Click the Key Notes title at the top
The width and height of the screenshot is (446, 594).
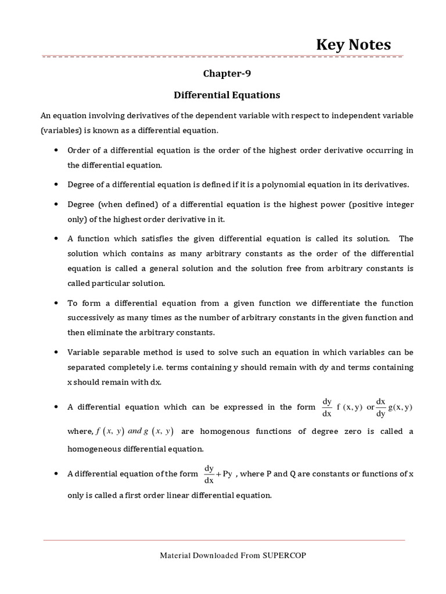353,45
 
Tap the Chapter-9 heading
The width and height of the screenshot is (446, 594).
228,74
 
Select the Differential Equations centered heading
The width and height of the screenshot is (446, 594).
228,95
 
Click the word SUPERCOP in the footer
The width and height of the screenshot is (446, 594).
284,555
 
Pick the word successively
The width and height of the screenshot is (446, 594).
95,318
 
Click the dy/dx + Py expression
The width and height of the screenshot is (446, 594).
219,474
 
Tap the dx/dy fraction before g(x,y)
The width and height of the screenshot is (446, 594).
381,407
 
